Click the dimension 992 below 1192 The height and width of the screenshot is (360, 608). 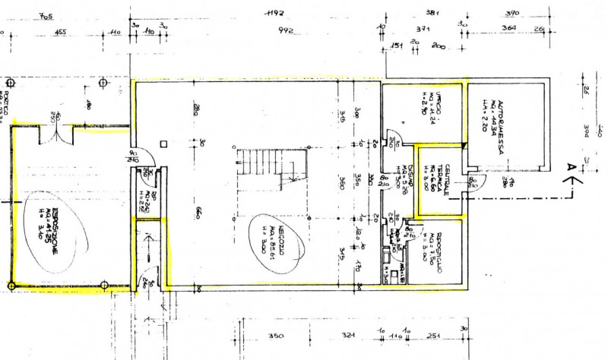pyautogui.click(x=285, y=31)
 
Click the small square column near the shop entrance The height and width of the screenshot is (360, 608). pyautogui.click(x=164, y=142)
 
